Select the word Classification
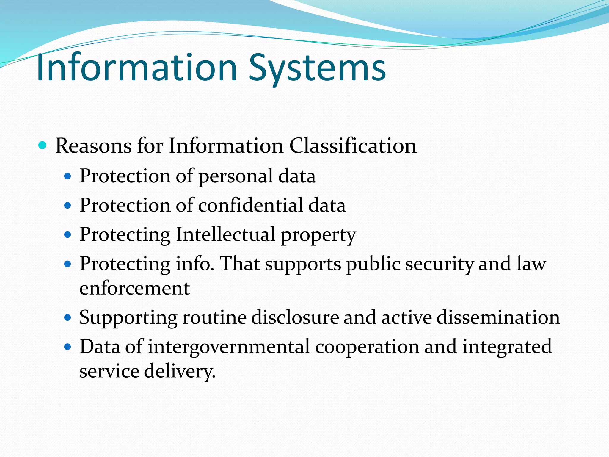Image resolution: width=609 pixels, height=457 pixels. [353, 146]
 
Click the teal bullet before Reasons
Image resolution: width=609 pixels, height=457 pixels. [43, 145]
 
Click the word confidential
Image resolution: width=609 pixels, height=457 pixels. [250, 205]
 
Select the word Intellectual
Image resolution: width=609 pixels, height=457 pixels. [225, 234]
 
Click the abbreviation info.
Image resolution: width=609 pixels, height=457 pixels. [195, 264]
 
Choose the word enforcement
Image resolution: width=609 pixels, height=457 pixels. [134, 288]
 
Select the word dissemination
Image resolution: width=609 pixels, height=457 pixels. [498, 317]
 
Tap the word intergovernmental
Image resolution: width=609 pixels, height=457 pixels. [229, 347]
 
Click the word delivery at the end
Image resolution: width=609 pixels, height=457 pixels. [180, 372]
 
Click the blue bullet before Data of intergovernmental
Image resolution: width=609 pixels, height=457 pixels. [68, 347]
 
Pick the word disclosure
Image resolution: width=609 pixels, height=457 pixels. [295, 317]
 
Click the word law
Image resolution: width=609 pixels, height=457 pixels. [531, 264]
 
